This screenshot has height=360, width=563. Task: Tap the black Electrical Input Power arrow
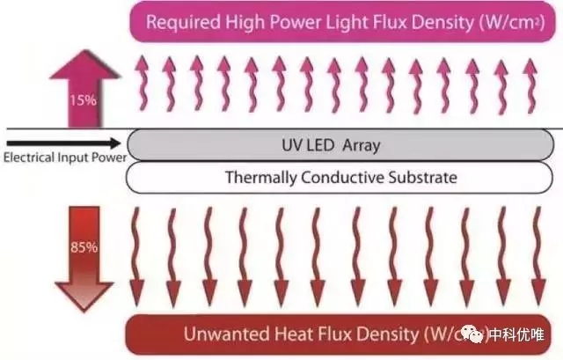pyautogui.click(x=66, y=142)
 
